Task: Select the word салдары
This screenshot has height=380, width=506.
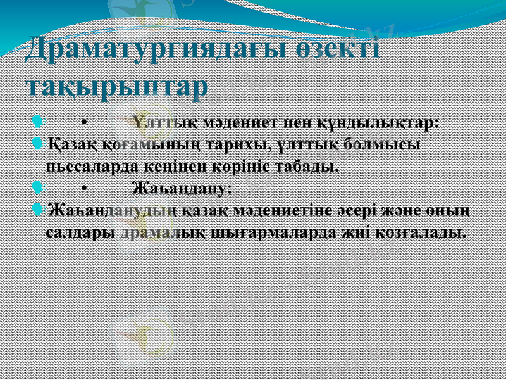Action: (x=81, y=232)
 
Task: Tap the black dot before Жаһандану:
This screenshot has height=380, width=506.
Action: (x=83, y=188)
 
